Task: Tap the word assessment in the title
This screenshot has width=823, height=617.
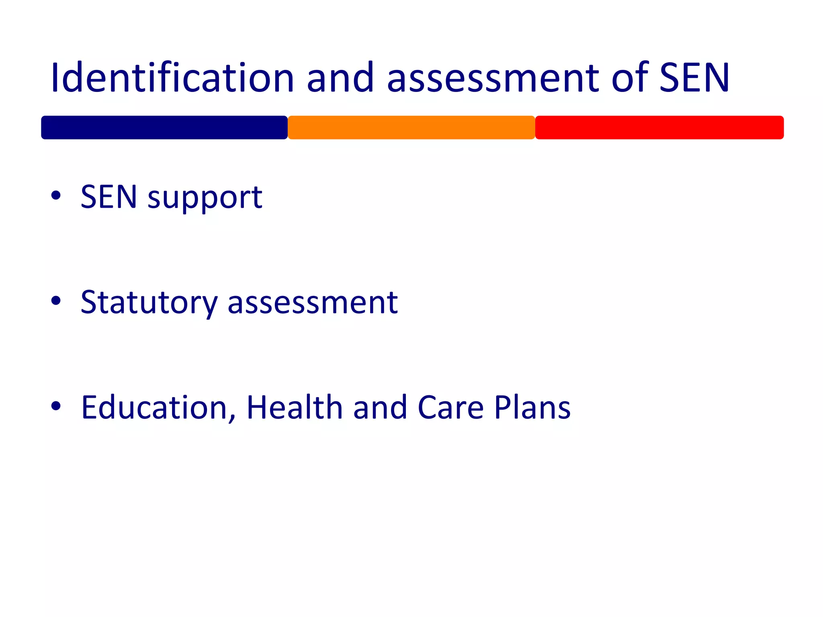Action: coord(493,78)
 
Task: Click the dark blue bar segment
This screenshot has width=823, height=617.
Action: coord(164,128)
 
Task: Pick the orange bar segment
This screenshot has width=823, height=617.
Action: coord(411,128)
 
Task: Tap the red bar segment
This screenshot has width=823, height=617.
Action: coord(659,128)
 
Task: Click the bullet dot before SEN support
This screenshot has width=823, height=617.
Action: coord(56,196)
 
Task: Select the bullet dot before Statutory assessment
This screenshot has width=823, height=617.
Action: coord(56,300)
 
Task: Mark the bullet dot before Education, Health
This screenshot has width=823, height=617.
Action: coord(56,406)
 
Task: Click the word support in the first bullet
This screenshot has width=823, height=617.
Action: coord(205,198)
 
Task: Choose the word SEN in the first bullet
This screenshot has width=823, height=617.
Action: coord(109,197)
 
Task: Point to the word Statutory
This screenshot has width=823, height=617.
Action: coord(149,302)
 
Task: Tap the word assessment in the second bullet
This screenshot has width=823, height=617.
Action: coord(313,302)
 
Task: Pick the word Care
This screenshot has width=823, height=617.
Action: coord(450,407)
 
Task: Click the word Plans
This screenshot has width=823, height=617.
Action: coord(532,407)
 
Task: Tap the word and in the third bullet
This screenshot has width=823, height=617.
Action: coord(380,407)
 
